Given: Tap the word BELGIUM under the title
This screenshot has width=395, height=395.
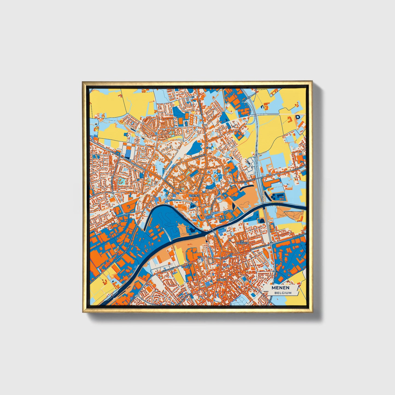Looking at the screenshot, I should tap(283, 293).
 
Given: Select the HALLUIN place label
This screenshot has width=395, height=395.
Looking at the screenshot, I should tap(222, 280).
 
